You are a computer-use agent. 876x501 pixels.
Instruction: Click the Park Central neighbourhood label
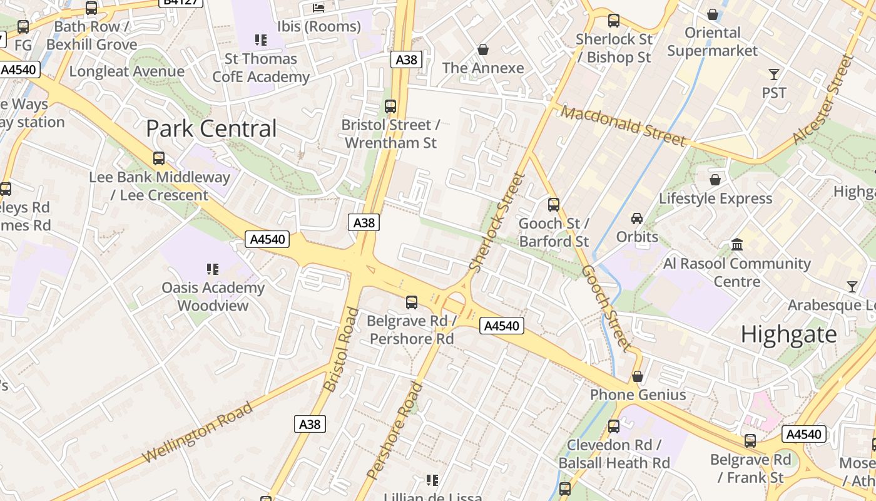tap(211, 129)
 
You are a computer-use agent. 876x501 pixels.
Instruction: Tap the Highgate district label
tap(788, 334)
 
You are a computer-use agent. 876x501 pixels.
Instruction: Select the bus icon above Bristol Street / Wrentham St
tap(390, 106)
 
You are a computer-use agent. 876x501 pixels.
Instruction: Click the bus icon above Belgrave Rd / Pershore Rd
tap(412, 302)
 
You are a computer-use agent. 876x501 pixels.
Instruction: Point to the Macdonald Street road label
tap(623, 126)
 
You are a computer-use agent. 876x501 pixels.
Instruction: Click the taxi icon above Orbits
tap(637, 219)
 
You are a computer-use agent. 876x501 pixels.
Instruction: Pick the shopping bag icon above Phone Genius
tap(638, 376)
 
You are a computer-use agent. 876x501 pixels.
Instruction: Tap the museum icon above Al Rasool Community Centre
tap(737, 244)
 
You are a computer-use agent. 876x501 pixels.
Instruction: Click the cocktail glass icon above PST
tap(774, 75)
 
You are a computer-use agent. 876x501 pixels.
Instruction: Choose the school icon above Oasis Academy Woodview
tap(213, 269)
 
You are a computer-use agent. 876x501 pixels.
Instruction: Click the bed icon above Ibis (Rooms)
tap(318, 8)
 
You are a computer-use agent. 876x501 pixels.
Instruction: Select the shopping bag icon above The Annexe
tap(483, 49)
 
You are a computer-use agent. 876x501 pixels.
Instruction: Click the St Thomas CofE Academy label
tap(261, 68)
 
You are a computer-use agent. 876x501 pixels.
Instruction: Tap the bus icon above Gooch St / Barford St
tap(554, 204)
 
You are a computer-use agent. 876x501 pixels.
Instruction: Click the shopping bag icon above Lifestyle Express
tap(715, 180)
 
